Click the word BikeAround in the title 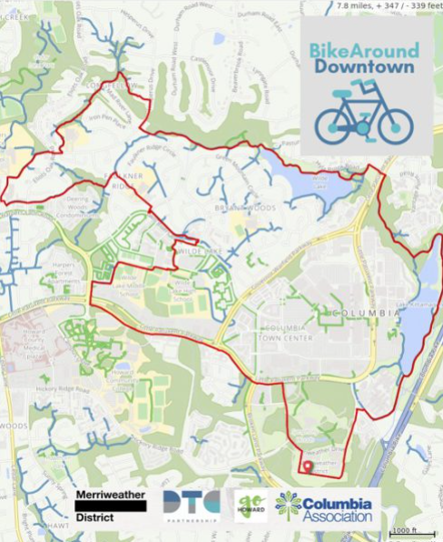tap(362, 49)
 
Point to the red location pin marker tap(307, 467)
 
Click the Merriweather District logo tap(110, 506)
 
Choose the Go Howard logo tap(251, 507)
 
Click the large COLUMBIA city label tap(367, 313)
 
